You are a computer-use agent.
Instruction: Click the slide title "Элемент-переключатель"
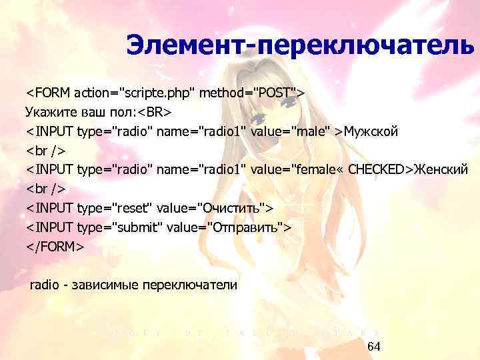click(x=301, y=46)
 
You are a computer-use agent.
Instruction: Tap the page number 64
click(x=373, y=347)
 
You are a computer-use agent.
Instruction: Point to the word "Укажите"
click(x=49, y=110)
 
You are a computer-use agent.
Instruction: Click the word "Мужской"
click(x=371, y=130)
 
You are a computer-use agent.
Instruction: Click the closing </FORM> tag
click(x=55, y=247)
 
